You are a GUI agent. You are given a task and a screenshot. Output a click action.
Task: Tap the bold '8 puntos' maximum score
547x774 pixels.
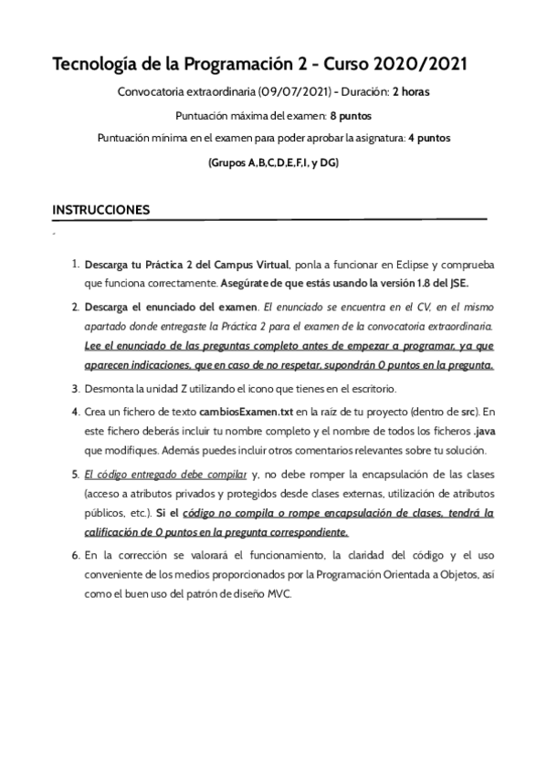pos(350,116)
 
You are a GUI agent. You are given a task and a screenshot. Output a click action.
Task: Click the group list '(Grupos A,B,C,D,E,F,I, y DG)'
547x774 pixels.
pos(274,162)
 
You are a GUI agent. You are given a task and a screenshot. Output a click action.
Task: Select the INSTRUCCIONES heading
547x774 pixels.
pos(101,210)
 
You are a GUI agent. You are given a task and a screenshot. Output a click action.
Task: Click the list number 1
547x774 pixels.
pos(75,264)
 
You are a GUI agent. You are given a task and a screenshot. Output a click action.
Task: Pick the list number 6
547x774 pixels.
pos(76,554)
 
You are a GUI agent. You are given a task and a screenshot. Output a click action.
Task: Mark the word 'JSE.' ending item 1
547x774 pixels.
pos(457,283)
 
